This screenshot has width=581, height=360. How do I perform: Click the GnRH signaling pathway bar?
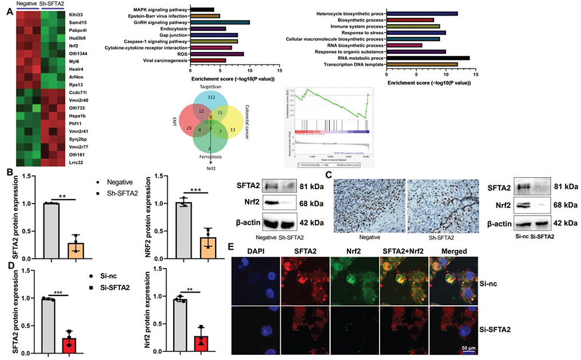click(x=220, y=22)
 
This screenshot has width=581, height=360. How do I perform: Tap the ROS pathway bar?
click(x=217, y=54)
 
